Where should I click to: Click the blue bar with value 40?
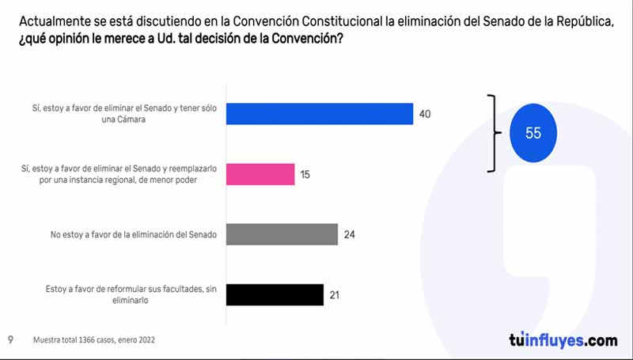coord(320,114)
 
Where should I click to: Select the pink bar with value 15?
coord(260,174)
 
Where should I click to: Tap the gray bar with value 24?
coord(282,234)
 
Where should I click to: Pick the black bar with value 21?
coord(275,294)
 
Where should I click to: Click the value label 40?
coord(425,115)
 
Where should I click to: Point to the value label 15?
coord(305,174)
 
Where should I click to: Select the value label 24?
coord(350,234)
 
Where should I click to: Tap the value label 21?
coord(335,294)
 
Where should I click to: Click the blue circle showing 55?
coord(533,133)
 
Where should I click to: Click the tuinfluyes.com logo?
coord(563,340)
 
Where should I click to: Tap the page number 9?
coord(10,340)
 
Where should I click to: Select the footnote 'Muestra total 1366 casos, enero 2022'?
coord(93,340)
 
